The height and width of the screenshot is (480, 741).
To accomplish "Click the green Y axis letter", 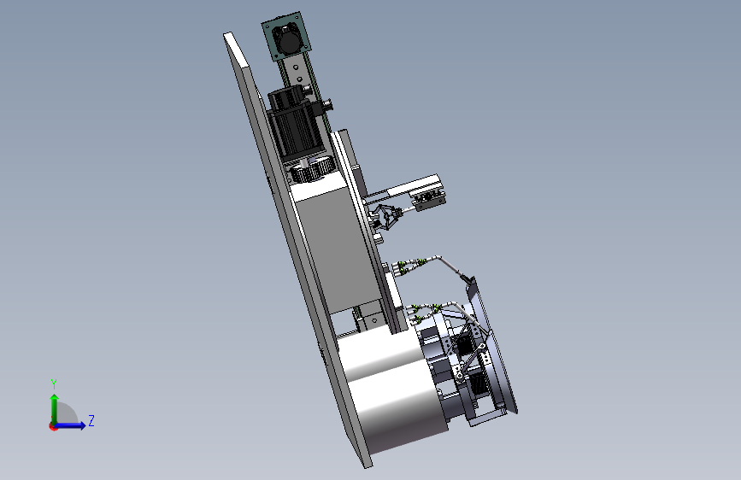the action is click(x=54, y=383).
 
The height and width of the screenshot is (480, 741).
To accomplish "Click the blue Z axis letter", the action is click(x=91, y=420).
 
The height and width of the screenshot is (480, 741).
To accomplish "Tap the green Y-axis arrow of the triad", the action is click(x=55, y=409).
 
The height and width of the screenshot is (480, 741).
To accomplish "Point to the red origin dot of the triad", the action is click(x=52, y=426).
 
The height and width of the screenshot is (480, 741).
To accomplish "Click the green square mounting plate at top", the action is click(x=287, y=37).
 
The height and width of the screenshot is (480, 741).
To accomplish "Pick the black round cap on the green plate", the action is click(x=287, y=40).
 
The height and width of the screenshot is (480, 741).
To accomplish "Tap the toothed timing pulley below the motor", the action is click(x=311, y=170).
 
